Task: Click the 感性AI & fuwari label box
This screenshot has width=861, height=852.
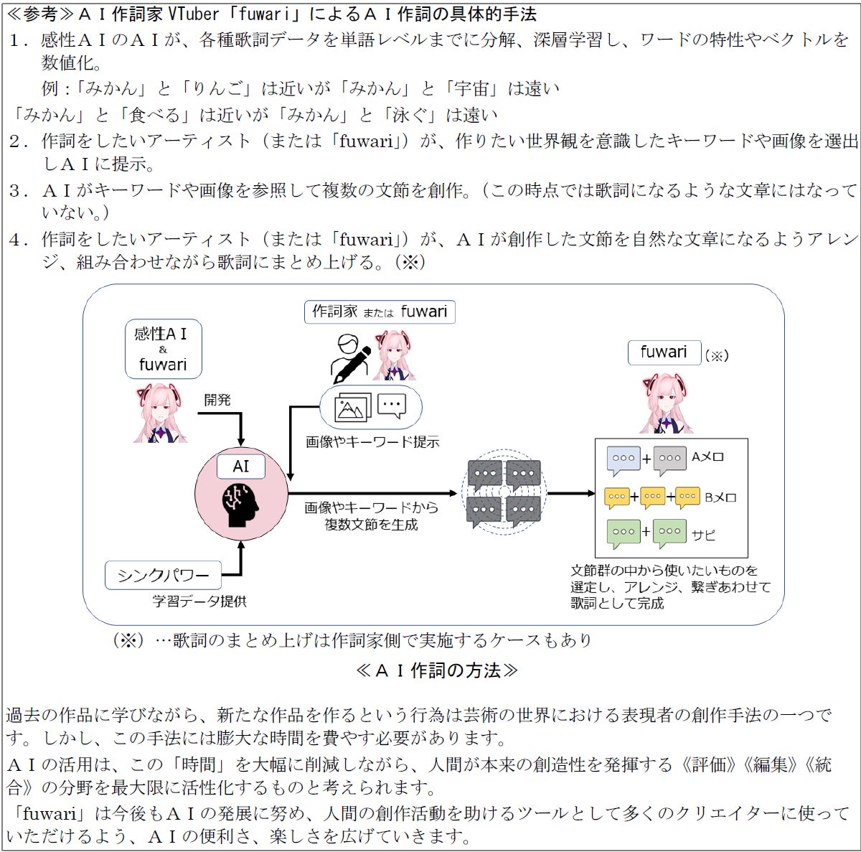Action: click(x=163, y=349)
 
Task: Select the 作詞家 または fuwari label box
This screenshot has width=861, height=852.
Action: click(x=380, y=312)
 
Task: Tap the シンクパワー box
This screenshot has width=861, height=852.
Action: click(x=163, y=575)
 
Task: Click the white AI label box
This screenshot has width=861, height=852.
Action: click(x=241, y=466)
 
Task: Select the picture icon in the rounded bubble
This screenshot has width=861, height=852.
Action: click(x=352, y=408)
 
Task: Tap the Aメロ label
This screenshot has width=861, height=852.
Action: click(x=707, y=457)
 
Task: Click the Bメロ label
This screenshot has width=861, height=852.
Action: click(x=720, y=497)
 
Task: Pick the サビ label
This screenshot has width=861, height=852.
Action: click(x=703, y=535)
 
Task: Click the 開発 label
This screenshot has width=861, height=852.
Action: click(x=217, y=400)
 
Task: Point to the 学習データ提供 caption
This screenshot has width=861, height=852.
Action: click(x=199, y=601)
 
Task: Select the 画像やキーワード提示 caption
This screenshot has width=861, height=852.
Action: click(x=372, y=442)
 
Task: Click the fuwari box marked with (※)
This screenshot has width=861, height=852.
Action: click(x=664, y=352)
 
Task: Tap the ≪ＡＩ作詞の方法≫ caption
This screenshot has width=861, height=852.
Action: click(x=436, y=670)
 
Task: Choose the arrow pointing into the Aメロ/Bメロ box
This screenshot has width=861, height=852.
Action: click(x=572, y=493)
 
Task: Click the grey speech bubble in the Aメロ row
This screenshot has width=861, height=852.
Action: click(x=670, y=459)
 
